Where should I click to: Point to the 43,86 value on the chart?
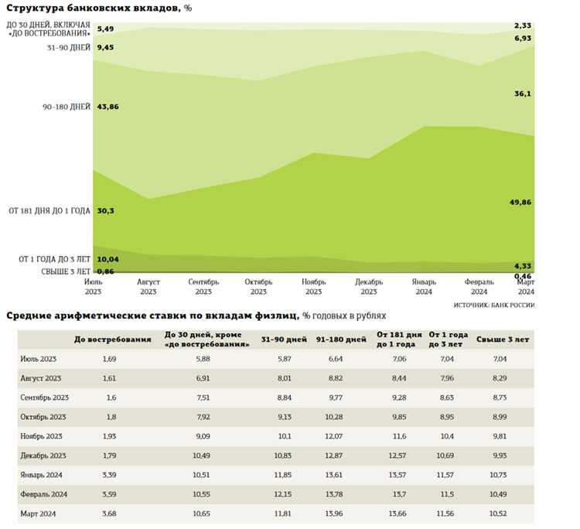coord(108,106)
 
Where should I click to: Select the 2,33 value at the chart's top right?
coord(524,26)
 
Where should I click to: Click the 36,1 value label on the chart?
coord(524,94)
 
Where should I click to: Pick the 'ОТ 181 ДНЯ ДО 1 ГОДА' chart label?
coord(49,210)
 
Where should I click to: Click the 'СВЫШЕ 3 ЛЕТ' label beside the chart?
coord(66,271)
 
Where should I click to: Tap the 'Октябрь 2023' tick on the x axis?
coord(258,287)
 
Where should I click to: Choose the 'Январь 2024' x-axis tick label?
coord(423,287)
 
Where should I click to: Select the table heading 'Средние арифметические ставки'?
coord(152,316)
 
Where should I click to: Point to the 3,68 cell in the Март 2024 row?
coord(109,512)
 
